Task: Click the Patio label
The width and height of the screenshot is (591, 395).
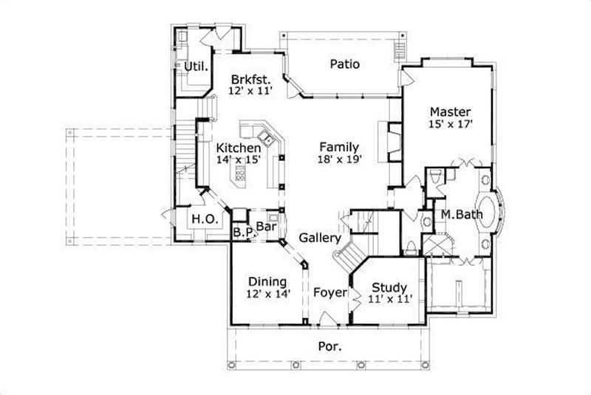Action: (x=344, y=64)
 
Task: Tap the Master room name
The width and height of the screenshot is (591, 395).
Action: (x=449, y=112)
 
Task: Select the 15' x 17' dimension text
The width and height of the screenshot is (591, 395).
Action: (x=449, y=125)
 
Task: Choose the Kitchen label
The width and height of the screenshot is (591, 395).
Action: (x=238, y=146)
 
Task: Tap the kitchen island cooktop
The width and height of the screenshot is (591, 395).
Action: (x=241, y=175)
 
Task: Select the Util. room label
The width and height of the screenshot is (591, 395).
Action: (x=196, y=66)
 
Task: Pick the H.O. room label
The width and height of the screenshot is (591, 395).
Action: (x=203, y=219)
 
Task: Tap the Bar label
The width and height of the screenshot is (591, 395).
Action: (x=266, y=226)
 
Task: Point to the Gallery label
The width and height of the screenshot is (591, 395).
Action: (x=320, y=238)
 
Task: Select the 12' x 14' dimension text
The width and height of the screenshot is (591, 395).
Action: (x=267, y=293)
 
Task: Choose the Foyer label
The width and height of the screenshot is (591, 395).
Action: (x=329, y=292)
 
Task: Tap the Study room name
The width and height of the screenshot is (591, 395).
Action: (x=390, y=287)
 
